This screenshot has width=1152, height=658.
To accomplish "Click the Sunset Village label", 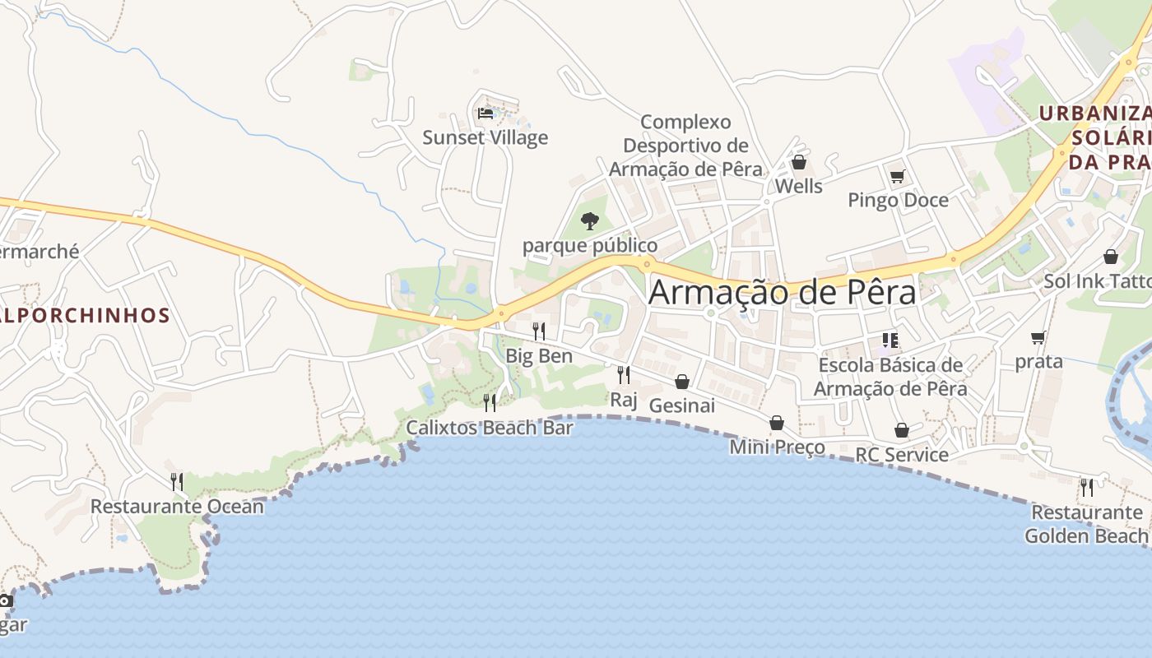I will (x=485, y=137).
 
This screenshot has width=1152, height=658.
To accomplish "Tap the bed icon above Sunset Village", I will (x=485, y=113).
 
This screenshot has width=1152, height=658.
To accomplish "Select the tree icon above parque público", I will (x=589, y=220).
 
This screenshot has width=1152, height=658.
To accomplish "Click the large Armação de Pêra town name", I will (x=782, y=293).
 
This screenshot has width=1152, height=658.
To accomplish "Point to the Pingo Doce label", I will (x=898, y=200).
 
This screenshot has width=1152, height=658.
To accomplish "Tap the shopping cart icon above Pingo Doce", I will (x=897, y=176).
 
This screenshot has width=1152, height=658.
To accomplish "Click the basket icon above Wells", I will (x=798, y=162).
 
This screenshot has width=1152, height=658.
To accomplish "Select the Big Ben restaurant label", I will (x=539, y=356).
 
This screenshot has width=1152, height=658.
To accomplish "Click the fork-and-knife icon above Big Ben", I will (x=539, y=331).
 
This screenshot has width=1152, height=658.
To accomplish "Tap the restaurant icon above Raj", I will (x=624, y=375).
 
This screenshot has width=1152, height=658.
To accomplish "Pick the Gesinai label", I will (x=681, y=405).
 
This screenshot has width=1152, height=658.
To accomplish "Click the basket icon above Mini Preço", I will (x=777, y=423).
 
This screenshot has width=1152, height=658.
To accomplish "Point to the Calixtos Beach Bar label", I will (x=490, y=428).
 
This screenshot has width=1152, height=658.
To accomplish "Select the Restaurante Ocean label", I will (x=177, y=506).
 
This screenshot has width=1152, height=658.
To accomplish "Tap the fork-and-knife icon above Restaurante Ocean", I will (x=177, y=481).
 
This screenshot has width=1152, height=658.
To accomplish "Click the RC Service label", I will (x=902, y=455).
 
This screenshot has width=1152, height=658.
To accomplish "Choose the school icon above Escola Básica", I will (x=890, y=340).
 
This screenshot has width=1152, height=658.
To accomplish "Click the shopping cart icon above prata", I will (x=1038, y=337).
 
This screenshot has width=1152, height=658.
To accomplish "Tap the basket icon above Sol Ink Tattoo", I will (x=1110, y=257).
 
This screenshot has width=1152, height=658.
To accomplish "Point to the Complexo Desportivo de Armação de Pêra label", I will (x=685, y=146).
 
